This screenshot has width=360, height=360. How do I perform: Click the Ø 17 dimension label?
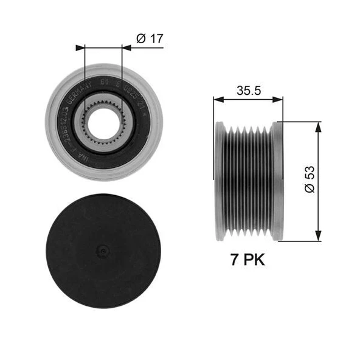click(149, 38)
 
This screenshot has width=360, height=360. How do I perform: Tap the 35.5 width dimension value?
click(248, 91)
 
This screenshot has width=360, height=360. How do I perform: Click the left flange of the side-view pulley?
click(220, 181)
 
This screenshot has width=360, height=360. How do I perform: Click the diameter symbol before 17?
click(140, 38)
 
